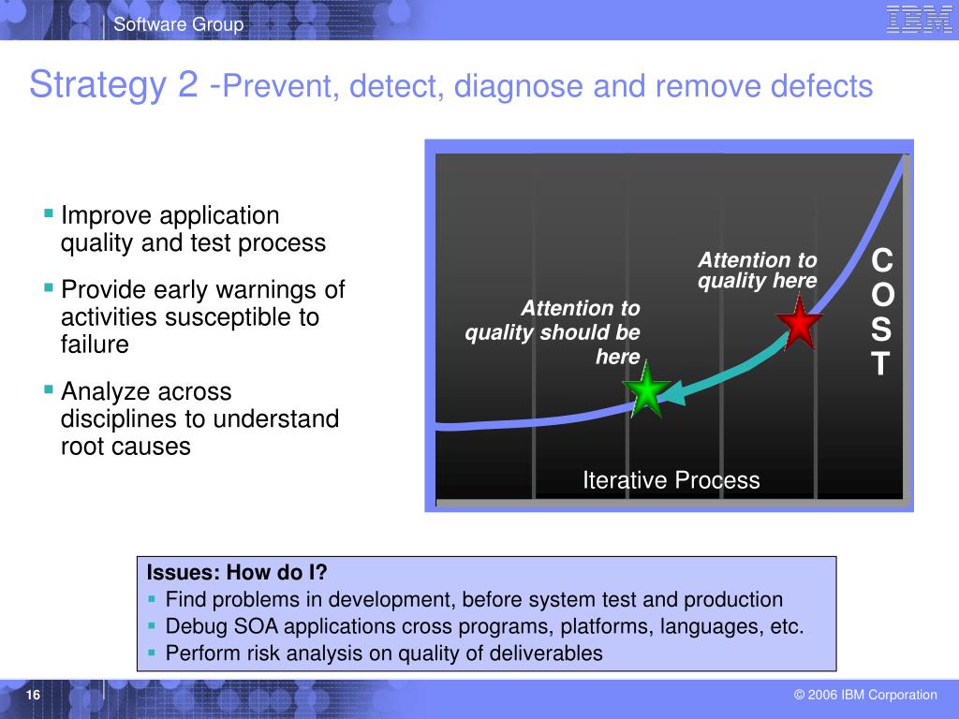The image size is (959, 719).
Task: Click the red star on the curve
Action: (799, 323)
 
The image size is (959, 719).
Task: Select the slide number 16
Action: (33, 695)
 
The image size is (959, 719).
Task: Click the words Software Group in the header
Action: (179, 23)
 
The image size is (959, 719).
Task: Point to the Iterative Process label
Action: (671, 480)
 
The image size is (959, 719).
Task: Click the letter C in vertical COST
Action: (882, 260)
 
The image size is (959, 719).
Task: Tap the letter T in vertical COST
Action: (880, 363)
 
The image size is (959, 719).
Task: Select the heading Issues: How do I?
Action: (237, 572)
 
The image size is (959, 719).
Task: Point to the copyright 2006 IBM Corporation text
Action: (865, 695)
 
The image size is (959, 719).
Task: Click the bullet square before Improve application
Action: (49, 213)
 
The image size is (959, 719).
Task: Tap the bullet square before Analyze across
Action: (49, 389)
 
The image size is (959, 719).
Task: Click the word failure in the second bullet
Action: (95, 345)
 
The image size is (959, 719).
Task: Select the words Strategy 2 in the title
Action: (113, 83)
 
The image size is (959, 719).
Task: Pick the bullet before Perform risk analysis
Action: (152, 653)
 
